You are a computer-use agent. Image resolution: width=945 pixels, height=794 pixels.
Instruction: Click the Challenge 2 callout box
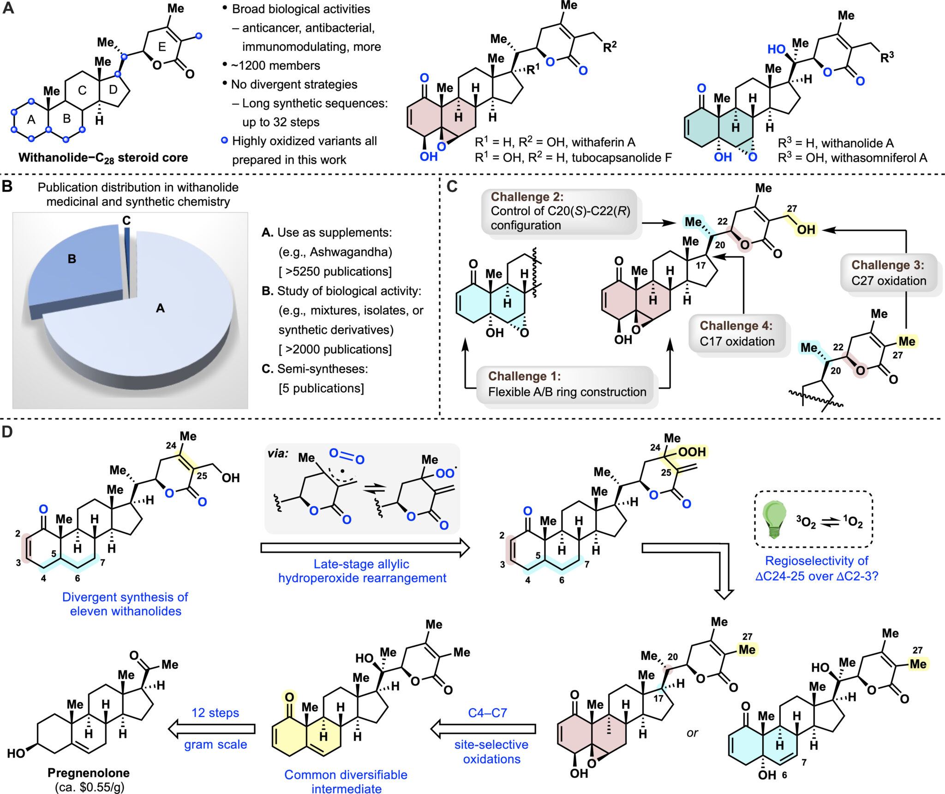[560, 211]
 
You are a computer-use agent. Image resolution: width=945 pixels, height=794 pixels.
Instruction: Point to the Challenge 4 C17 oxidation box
[736, 334]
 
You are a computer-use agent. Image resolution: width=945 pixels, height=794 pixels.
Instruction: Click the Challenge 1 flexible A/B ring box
[567, 384]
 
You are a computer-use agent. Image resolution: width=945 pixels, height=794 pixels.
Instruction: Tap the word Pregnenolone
[89, 772]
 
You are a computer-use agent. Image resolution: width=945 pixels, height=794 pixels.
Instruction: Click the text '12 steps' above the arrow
[215, 712]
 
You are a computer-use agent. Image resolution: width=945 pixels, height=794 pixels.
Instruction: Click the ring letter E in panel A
[162, 47]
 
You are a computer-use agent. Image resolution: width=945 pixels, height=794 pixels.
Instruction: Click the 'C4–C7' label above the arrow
[487, 712]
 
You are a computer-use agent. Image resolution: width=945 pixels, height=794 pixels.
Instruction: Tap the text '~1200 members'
[275, 66]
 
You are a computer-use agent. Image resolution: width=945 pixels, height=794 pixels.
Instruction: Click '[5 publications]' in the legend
[321, 388]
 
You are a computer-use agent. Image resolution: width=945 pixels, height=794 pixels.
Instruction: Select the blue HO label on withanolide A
[776, 49]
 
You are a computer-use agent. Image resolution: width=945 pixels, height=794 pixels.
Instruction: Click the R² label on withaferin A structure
[610, 47]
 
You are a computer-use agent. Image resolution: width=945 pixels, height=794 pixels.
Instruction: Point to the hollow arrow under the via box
[365, 548]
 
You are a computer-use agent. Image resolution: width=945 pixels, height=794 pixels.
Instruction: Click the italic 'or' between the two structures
[692, 733]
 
